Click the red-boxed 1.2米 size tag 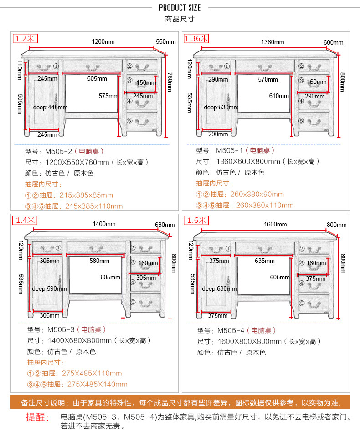25,39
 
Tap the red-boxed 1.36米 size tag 196,38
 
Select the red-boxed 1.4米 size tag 25,221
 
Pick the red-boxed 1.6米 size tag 196,221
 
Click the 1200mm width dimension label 103,41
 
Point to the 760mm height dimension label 170,82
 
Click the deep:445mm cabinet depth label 50,107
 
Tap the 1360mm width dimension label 273,42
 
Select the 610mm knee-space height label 279,96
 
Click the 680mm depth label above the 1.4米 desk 165,225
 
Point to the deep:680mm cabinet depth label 219,289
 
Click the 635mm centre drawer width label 265,261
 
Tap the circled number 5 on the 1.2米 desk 129,121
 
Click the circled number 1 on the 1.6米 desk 228,248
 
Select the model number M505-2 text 59,151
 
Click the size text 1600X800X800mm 250,342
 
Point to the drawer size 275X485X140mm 97,384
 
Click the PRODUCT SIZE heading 180,8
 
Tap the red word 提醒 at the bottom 38,417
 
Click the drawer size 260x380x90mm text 257,194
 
